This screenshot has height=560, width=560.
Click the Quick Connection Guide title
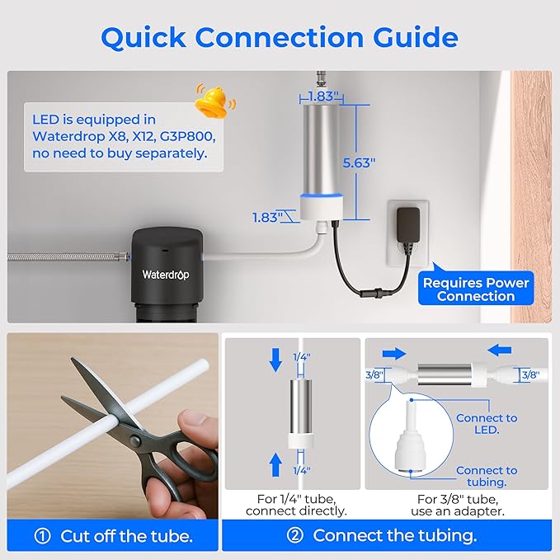(x=280, y=36)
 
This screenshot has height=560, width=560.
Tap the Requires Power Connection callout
(x=476, y=289)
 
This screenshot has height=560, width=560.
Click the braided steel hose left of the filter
(x=66, y=258)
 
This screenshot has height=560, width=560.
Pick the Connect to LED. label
(x=487, y=424)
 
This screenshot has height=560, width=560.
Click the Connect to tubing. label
(x=487, y=476)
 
